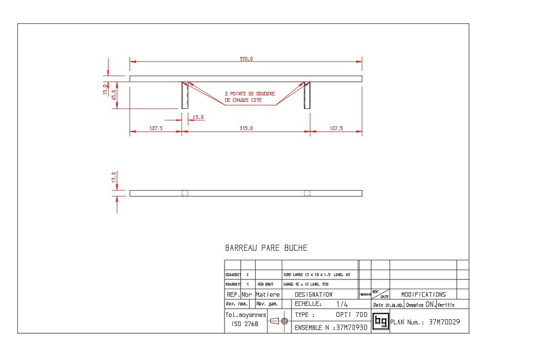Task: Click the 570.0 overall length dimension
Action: click(x=246, y=58)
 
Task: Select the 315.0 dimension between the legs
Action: click(x=246, y=129)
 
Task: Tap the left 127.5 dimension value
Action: click(x=156, y=129)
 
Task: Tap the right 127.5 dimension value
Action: click(x=336, y=129)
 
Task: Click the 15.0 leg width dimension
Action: click(x=198, y=117)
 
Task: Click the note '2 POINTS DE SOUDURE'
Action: click(x=250, y=94)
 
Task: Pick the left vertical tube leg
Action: click(x=185, y=95)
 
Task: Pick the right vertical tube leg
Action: click(x=307, y=95)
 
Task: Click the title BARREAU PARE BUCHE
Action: click(x=266, y=248)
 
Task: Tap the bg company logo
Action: click(x=380, y=322)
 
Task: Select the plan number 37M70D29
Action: click(x=444, y=322)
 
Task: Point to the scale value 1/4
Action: click(x=342, y=304)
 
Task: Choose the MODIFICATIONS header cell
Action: click(x=423, y=294)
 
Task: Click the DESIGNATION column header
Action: click(x=313, y=294)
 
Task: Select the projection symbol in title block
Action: click(x=278, y=321)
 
